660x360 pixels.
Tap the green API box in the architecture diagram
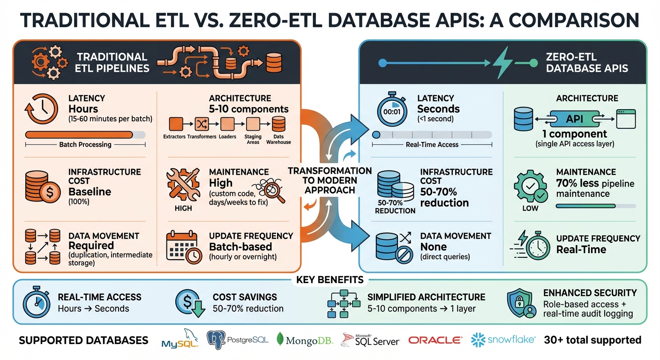click(575, 120)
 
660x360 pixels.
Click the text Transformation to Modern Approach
click(330, 180)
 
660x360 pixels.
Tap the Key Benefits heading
click(330, 280)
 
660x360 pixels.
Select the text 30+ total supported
click(592, 340)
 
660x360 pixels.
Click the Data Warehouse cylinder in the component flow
click(278, 124)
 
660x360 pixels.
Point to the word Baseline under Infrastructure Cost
click(90, 191)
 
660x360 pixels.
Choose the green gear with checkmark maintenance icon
click(529, 187)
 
